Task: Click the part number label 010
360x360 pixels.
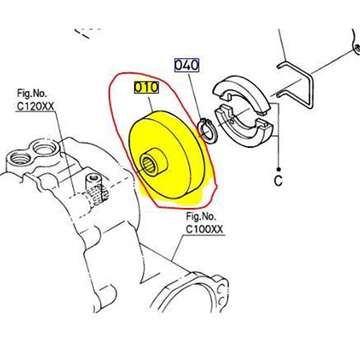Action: (147, 87)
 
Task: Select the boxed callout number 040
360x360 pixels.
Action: (187, 65)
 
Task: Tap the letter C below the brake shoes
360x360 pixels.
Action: (278, 181)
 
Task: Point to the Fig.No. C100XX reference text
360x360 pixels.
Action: (205, 223)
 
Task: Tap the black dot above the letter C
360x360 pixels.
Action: (278, 169)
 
